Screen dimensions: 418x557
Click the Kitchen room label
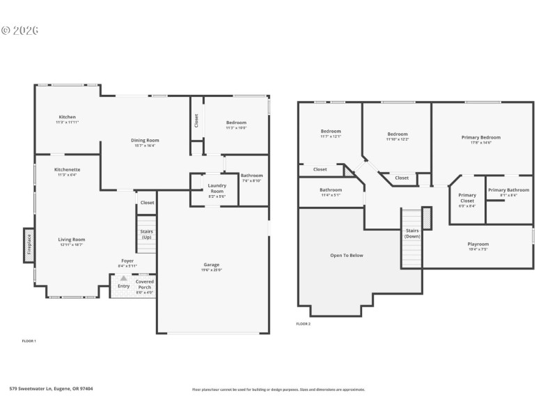tap(68, 117)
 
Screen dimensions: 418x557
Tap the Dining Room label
tap(145, 141)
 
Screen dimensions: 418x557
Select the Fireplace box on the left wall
tap(29, 246)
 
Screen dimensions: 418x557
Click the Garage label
tap(212, 265)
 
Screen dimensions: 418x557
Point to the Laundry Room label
tap(217, 188)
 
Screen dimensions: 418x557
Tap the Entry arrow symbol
tap(124, 279)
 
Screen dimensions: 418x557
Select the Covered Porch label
tap(145, 284)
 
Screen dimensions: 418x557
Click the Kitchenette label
tap(68, 169)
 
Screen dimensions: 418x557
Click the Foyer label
tap(127, 261)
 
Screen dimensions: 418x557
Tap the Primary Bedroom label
tap(480, 137)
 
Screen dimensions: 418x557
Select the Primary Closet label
tap(467, 198)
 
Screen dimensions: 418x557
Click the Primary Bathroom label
tap(508, 190)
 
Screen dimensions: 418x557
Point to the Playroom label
tap(478, 245)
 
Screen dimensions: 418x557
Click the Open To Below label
tap(346, 256)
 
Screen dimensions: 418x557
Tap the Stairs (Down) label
tap(412, 233)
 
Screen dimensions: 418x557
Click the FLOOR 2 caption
tap(303, 324)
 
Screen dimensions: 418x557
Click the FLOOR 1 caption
tap(29, 341)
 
